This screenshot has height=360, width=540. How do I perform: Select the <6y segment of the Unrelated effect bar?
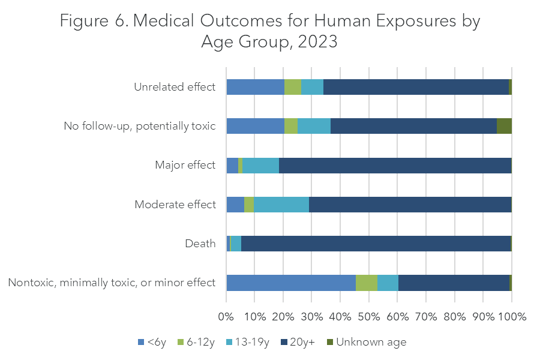tap(255, 87)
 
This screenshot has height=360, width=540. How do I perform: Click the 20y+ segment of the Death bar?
tap(376, 244)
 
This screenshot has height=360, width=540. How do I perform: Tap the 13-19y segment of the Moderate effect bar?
tap(281, 205)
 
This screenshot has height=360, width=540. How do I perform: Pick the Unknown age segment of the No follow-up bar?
tap(504, 126)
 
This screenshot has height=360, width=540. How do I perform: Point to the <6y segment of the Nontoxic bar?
tap(291, 283)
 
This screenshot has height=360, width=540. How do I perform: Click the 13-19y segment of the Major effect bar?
tap(260, 165)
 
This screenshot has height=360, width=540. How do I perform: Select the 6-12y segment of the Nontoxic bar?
tap(367, 283)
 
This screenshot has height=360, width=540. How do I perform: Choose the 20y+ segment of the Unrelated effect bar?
tap(416, 87)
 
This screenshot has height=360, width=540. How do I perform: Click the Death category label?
tap(200, 244)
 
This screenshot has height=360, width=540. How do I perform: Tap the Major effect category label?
tap(185, 165)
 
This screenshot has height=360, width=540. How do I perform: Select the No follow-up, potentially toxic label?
tap(140, 126)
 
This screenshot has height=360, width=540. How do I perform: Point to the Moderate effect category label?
tap(175, 205)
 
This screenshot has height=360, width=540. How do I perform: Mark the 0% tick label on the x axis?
tap(226, 316)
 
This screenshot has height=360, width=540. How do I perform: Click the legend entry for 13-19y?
tap(247, 343)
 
